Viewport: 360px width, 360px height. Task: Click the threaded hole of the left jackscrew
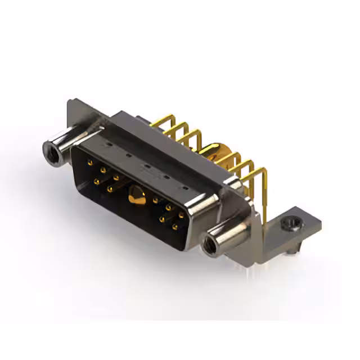pyautogui.click(x=51, y=150)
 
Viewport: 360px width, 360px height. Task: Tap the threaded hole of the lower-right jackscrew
pyautogui.click(x=211, y=246)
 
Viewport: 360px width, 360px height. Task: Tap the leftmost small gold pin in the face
pyautogui.click(x=89, y=163)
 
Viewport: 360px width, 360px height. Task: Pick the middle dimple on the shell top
pyautogui.click(x=146, y=167)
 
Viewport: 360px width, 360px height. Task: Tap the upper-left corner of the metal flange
pyautogui.click(x=70, y=102)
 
